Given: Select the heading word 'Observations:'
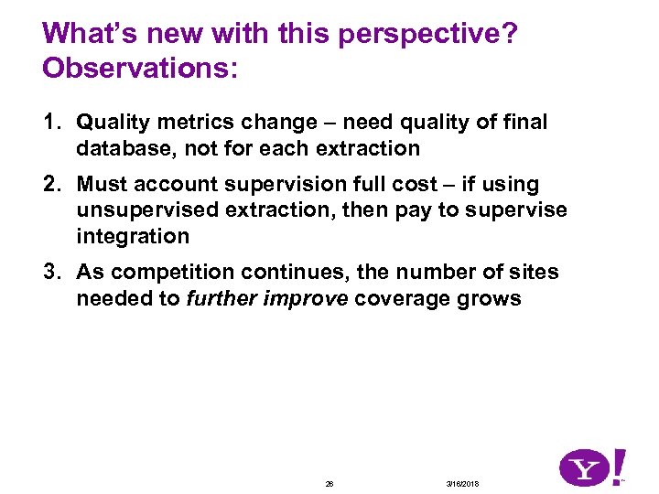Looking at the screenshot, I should coord(140,70).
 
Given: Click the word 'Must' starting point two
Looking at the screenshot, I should coord(102,185).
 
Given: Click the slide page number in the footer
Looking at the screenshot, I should coord(329,483).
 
